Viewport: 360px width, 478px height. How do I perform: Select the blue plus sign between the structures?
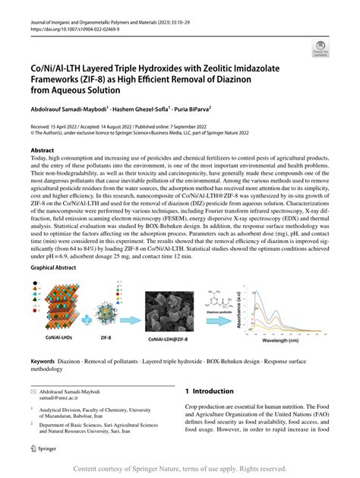pyautogui.click(x=95, y=309)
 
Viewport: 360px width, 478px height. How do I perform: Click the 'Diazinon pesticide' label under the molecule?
pyautogui.click(x=223, y=310)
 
